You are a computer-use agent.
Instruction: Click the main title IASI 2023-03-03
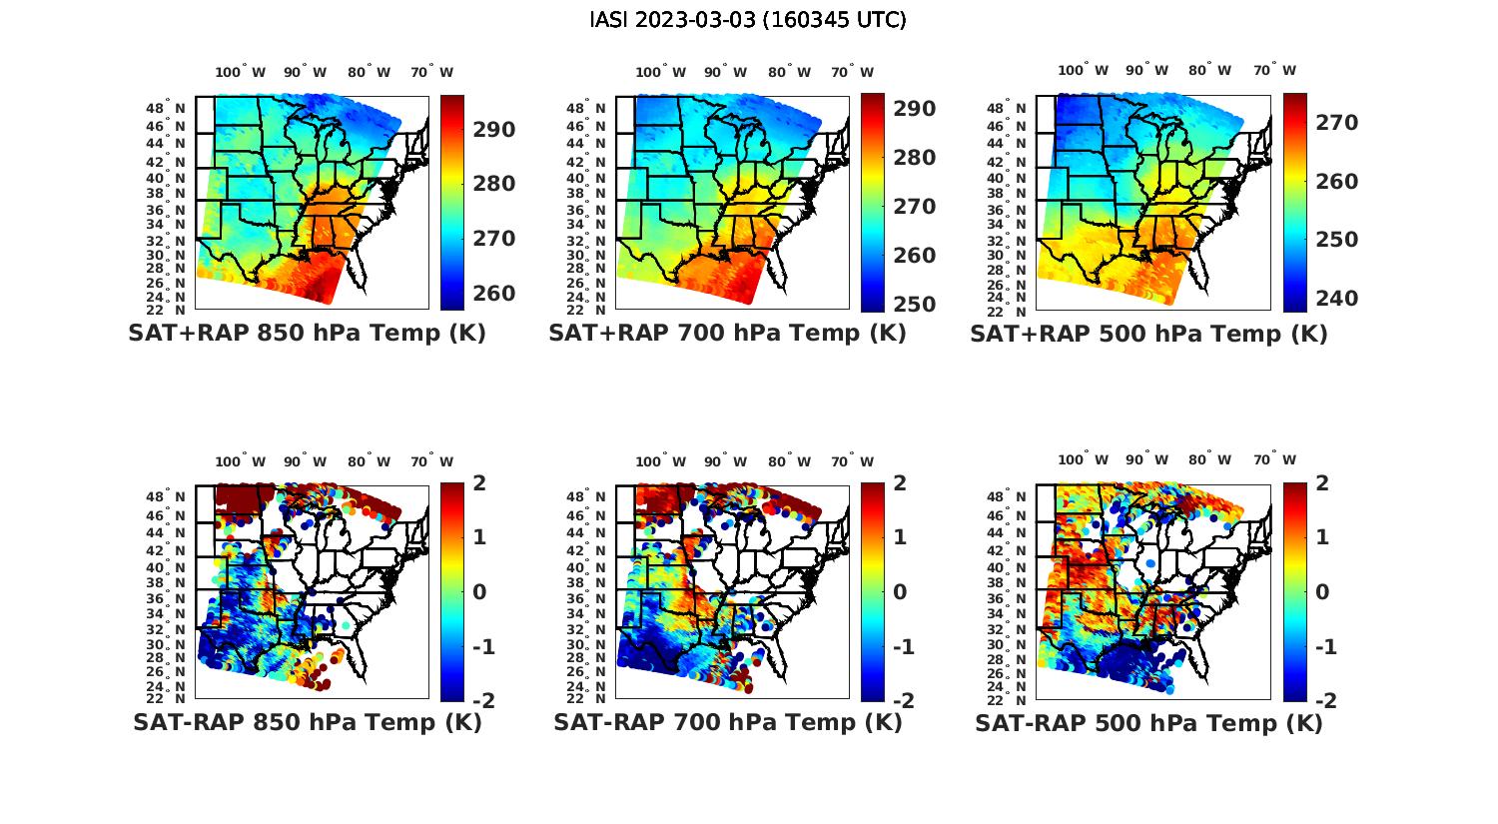coord(748,20)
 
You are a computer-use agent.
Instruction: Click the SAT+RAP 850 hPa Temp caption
coord(307,334)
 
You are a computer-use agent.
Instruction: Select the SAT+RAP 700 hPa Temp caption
coord(727,334)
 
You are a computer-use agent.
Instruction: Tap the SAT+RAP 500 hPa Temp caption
coord(1148,335)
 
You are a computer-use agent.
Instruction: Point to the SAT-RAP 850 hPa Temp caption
coord(307,723)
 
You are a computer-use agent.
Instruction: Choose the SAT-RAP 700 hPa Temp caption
coord(727,723)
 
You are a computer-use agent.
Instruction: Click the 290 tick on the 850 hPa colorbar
coord(494,130)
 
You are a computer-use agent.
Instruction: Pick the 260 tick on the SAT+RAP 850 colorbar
coord(494,294)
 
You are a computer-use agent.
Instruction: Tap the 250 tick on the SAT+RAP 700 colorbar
coord(915,305)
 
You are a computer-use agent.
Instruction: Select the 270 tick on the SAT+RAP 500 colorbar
coord(1337,123)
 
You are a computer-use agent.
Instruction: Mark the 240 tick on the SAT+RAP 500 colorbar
coord(1337,299)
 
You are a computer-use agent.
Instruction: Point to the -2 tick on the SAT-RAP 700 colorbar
coord(903,701)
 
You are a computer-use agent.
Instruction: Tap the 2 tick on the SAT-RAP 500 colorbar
coord(1323,483)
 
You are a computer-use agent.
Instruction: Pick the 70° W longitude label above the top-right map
coord(1275,70)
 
